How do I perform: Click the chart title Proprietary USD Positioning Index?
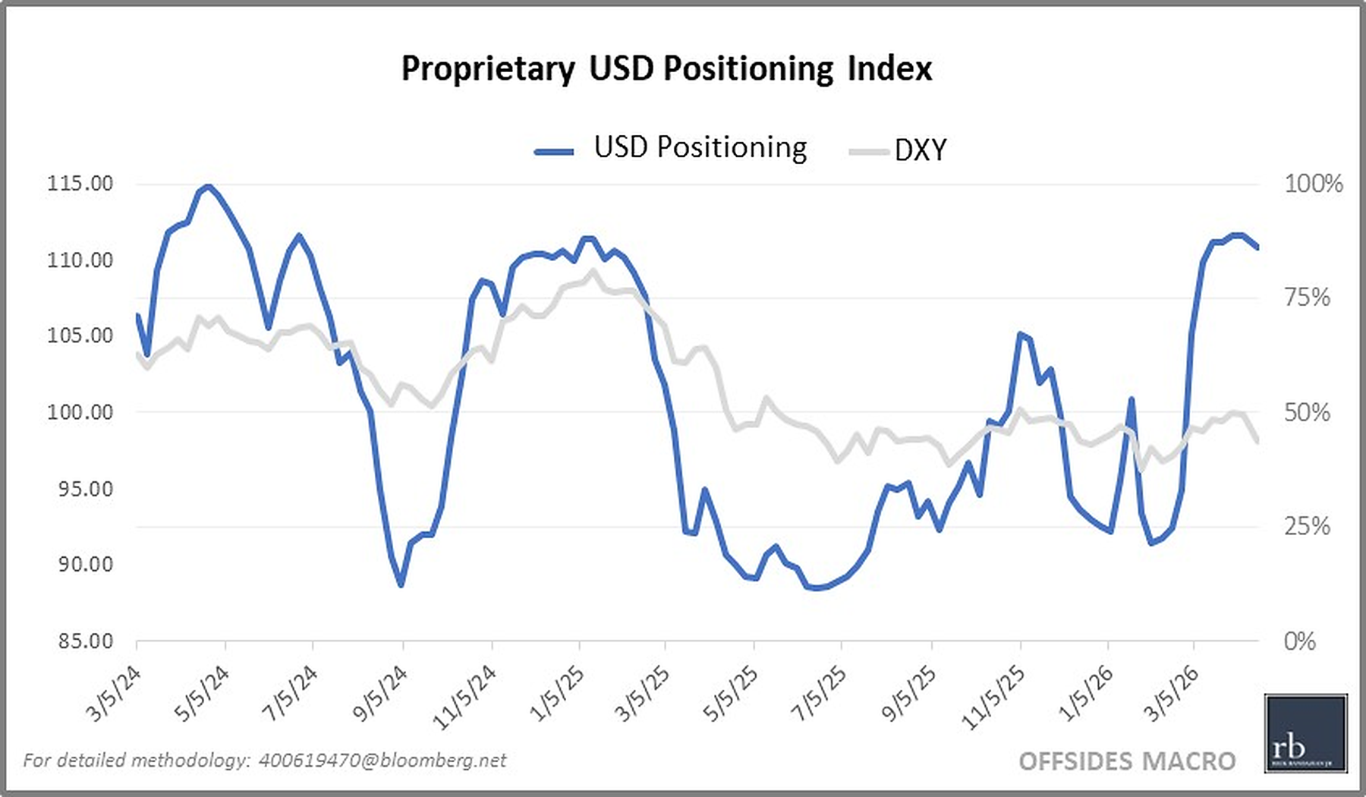[x=666, y=68]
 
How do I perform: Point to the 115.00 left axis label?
[x=80, y=183]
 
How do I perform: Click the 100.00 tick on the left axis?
[x=80, y=411]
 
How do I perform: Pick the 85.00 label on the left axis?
[x=84, y=641]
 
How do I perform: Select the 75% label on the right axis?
[x=1307, y=297]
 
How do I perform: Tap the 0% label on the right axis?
[x=1299, y=641]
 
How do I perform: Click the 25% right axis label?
[x=1307, y=526]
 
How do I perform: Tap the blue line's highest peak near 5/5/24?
[x=208, y=186]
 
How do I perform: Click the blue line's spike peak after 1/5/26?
[x=1131, y=398]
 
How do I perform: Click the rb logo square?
[x=1305, y=733]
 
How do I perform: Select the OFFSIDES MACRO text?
[x=1127, y=761]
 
